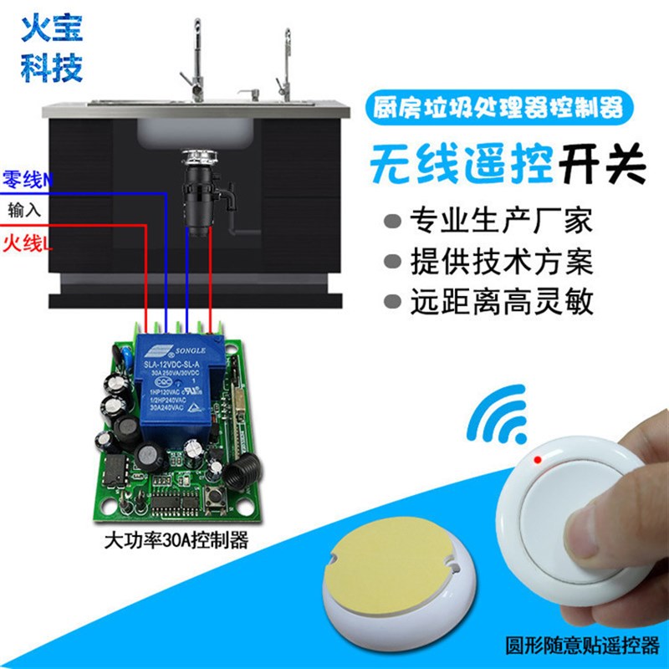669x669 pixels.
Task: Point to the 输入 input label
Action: pos(23,209)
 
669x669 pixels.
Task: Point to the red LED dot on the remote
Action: pos(540,459)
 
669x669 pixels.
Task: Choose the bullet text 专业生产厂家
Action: pos(500,222)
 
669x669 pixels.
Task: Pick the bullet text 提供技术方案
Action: pos(500,262)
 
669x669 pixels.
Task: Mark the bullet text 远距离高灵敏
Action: pos(500,302)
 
